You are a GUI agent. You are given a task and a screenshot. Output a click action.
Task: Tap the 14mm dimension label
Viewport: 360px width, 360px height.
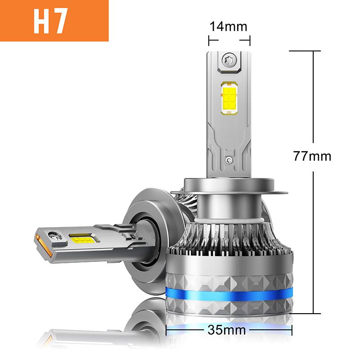tap(229, 27)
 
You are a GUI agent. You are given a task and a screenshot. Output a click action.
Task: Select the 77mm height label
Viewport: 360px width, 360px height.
tap(312, 156)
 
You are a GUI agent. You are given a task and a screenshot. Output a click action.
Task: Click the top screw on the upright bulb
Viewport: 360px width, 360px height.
tap(229, 58)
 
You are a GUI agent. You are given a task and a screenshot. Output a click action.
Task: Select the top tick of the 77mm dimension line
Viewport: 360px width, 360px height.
tap(305, 51)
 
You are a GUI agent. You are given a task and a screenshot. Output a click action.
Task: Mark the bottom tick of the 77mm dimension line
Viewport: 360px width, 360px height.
tap(305, 313)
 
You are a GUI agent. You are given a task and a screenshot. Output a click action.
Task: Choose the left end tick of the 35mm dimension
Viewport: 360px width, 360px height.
tap(167, 331)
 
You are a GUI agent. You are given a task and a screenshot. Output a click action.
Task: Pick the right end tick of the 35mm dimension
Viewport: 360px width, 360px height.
tap(293, 331)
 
